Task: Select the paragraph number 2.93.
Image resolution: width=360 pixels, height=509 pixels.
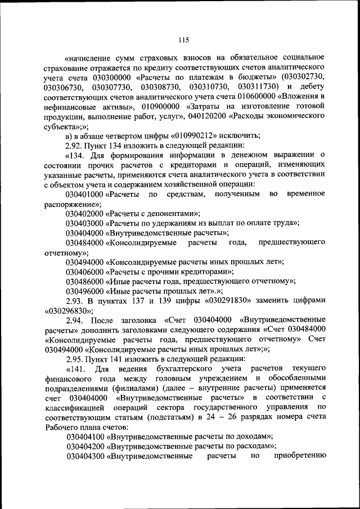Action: [75, 301]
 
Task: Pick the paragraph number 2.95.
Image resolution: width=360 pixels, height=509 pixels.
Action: [75, 359]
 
